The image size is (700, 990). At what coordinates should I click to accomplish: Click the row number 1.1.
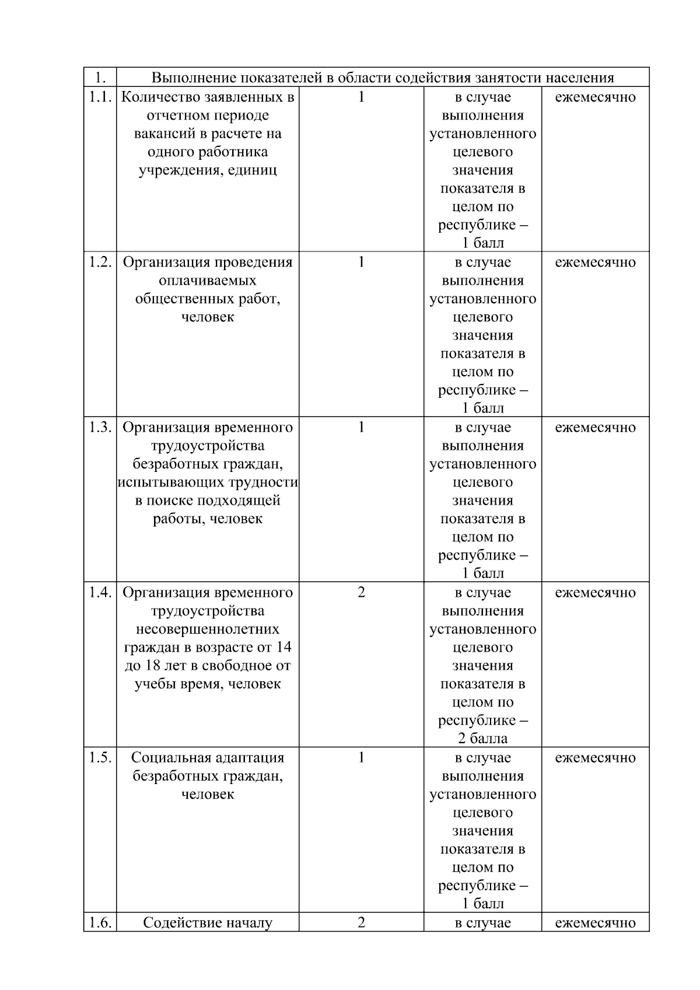100,97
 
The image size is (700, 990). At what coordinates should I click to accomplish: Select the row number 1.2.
100,262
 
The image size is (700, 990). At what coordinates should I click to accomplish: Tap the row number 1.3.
100,427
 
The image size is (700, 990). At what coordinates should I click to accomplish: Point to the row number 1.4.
100,592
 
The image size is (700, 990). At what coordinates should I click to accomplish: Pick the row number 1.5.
100,757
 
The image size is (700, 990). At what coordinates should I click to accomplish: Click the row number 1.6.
100,922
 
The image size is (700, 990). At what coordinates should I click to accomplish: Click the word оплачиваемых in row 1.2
208,281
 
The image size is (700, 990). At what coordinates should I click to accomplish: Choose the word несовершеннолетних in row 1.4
208,629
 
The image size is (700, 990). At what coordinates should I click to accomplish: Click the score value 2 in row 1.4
361,592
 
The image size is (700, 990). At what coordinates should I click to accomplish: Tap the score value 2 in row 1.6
361,922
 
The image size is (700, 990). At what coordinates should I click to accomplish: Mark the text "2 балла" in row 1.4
482,739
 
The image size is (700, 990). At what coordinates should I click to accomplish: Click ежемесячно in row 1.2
595,262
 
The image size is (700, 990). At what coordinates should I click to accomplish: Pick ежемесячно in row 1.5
595,757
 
